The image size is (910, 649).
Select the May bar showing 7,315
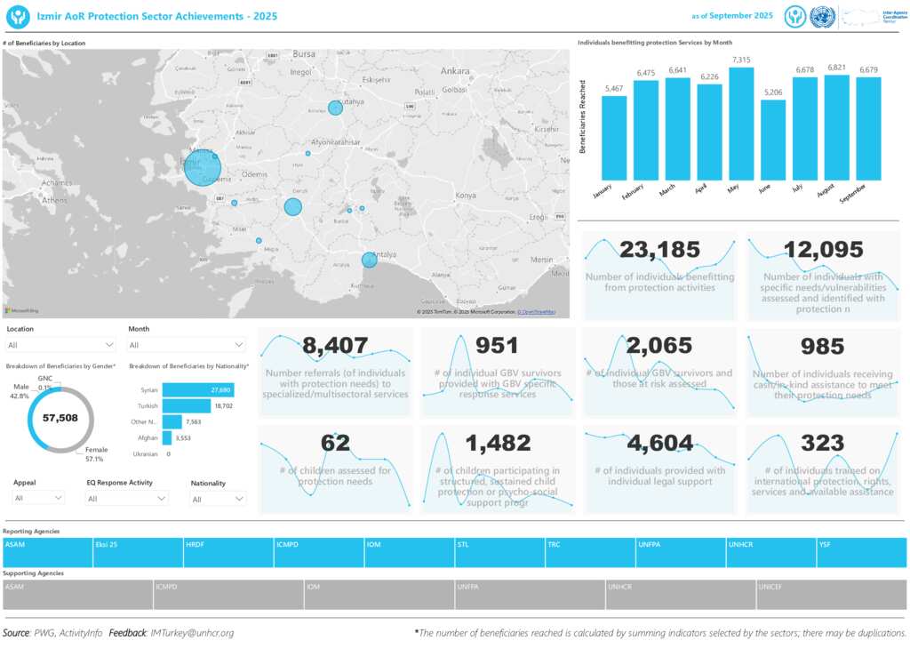click(741, 124)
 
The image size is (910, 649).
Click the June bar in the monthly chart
click(773, 140)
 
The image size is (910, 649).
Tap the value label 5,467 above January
click(613, 89)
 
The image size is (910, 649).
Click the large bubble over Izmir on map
click(203, 167)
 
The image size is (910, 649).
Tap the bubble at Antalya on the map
click(369, 260)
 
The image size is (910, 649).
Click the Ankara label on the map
click(455, 70)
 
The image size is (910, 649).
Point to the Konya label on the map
click(465, 196)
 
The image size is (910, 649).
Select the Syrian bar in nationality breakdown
click(197, 390)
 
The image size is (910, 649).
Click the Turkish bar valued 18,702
click(187, 405)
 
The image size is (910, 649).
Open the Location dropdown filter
click(60, 345)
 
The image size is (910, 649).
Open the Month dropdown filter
click(187, 345)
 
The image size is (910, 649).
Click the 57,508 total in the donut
click(60, 418)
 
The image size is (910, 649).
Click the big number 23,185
click(659, 251)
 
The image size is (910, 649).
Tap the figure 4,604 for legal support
click(659, 444)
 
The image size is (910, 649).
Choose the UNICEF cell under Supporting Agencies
click(831, 595)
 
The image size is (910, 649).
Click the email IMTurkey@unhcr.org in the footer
click(192, 633)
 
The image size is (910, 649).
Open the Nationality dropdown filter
click(218, 500)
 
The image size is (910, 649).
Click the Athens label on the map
click(53, 200)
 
